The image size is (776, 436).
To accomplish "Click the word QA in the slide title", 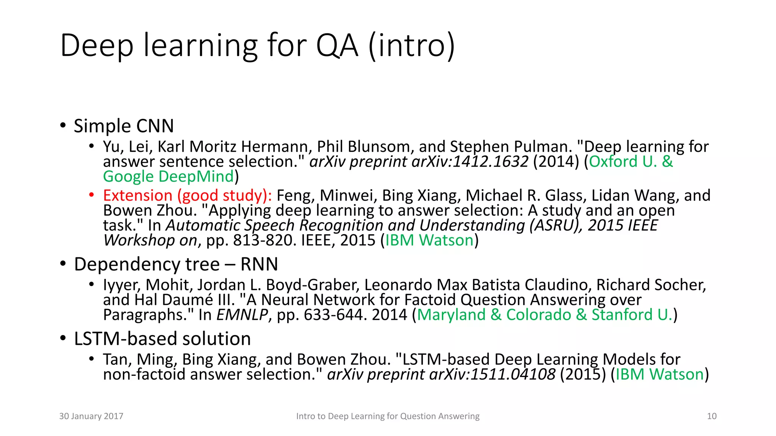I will pyautogui.click(x=337, y=46).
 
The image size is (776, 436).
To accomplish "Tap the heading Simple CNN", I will pyautogui.click(x=124, y=126).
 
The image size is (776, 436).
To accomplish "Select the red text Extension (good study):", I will pyautogui.click(x=187, y=196).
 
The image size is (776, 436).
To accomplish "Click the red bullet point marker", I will pyautogui.click(x=91, y=195).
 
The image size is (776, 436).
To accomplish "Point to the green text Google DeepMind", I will pyautogui.click(x=169, y=177).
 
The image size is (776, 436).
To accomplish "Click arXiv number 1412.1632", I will pyautogui.click(x=490, y=162).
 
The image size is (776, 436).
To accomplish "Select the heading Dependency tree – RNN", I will pyautogui.click(x=176, y=264).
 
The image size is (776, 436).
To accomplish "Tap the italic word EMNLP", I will pyautogui.click(x=242, y=315).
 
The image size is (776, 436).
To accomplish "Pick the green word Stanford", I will pyautogui.click(x=622, y=315).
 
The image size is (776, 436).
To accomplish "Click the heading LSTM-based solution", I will pyautogui.click(x=162, y=339).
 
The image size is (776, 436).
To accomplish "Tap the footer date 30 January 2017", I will pyautogui.click(x=91, y=416).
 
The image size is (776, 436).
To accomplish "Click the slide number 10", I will pyautogui.click(x=712, y=416).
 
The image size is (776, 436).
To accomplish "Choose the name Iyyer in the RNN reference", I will pyautogui.click(x=122, y=285).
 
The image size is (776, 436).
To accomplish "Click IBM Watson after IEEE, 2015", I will pyautogui.click(x=429, y=241).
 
